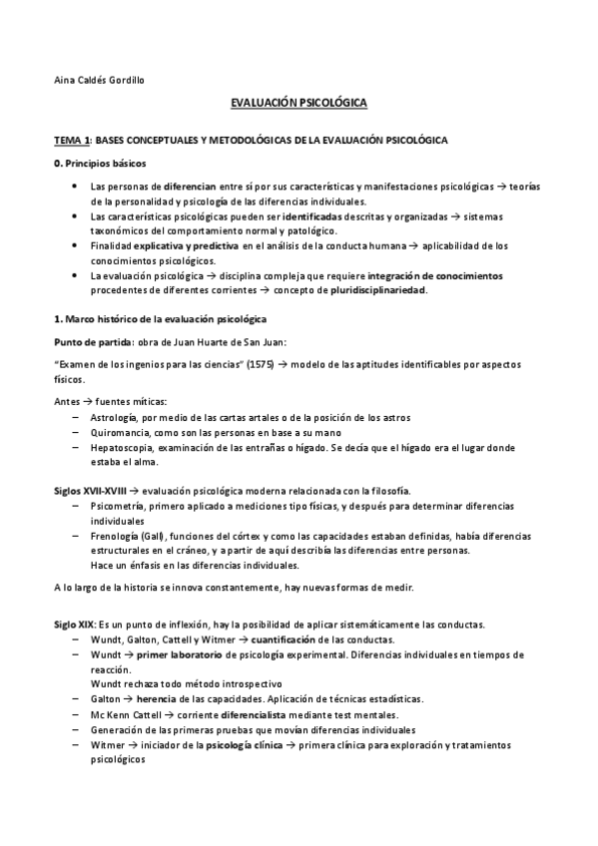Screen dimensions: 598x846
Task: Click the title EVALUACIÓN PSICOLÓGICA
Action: tap(299, 103)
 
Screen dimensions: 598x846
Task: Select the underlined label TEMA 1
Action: tap(73, 140)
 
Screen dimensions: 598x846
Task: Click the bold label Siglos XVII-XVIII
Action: tap(90, 492)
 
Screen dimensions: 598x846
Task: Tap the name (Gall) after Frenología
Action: tap(153, 537)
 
